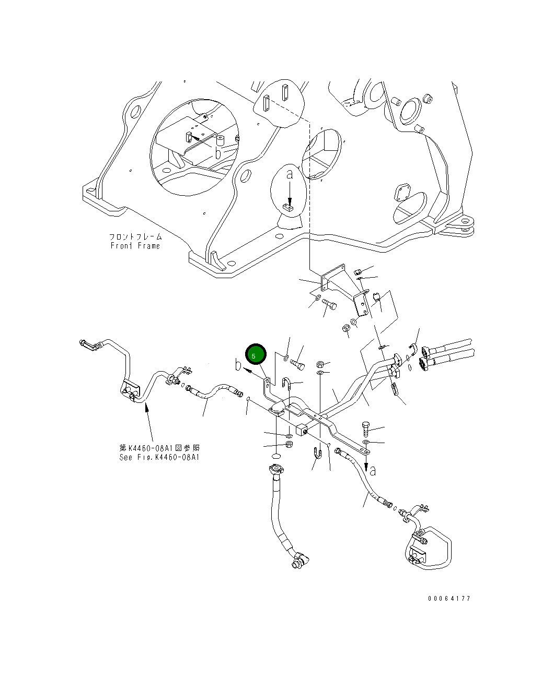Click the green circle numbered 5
click(256, 354)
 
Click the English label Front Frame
click(135, 246)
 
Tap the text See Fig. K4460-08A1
click(159, 457)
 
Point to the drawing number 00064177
click(449, 598)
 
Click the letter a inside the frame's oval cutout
click(289, 174)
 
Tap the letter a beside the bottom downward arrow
click(373, 471)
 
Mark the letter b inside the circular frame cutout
click(218, 153)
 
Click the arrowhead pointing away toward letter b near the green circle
click(247, 370)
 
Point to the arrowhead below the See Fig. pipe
click(146, 408)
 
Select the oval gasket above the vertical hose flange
click(275, 457)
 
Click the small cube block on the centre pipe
click(302, 430)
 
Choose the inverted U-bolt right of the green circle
click(286, 383)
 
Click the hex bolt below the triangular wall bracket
click(329, 304)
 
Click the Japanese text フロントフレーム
click(136, 237)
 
